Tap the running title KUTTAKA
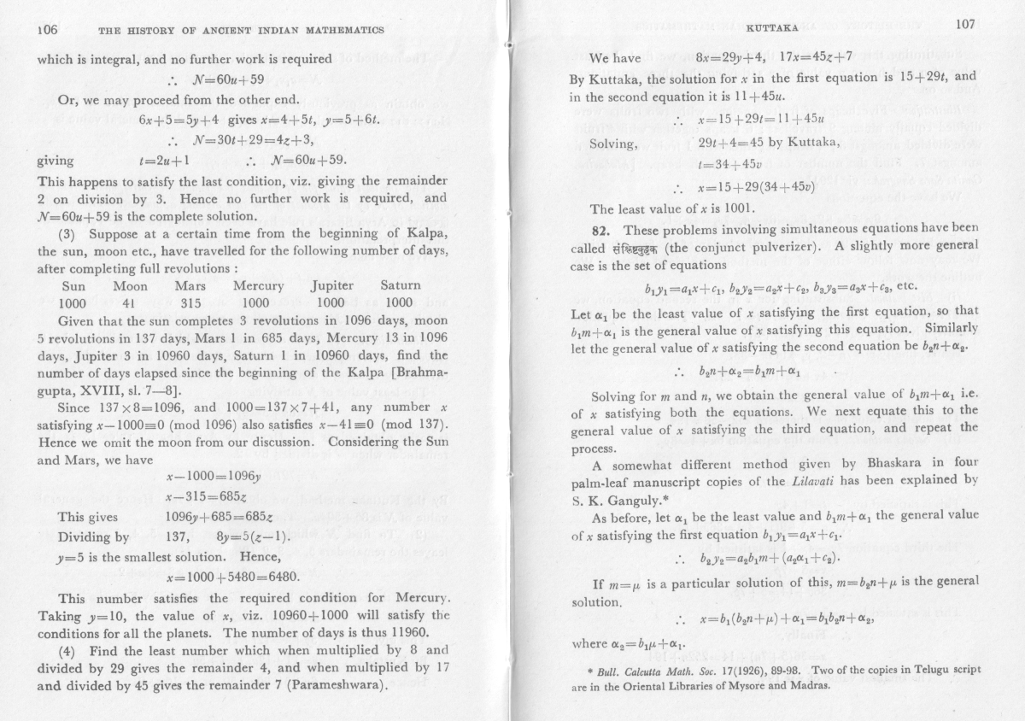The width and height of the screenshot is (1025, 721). (769, 27)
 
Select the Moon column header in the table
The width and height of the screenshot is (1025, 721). (130, 285)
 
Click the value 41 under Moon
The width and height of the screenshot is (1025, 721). (130, 302)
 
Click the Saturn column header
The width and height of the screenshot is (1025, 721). (401, 285)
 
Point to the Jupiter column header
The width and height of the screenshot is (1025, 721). (331, 285)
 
